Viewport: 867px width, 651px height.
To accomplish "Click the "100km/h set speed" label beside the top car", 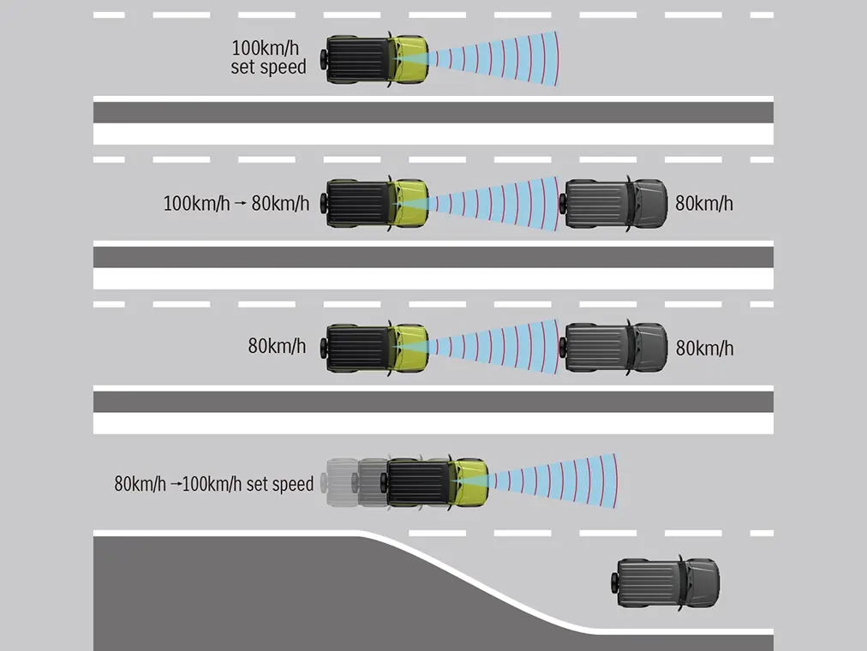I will (x=268, y=57).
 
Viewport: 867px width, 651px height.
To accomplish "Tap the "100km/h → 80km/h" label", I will (x=236, y=204).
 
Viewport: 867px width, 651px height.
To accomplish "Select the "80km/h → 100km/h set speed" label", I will (x=214, y=484).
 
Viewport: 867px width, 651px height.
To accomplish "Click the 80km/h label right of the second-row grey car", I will (x=704, y=204).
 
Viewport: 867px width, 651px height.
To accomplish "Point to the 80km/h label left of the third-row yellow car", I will (x=277, y=347).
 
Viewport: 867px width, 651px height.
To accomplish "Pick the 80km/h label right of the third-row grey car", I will (x=704, y=349).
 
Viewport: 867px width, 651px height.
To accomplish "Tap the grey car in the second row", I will (x=614, y=204).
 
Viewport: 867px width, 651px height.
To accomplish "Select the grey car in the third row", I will (x=614, y=348).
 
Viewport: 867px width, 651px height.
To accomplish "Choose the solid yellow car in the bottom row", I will (x=437, y=483).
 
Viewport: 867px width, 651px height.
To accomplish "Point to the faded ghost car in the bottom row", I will (x=347, y=484).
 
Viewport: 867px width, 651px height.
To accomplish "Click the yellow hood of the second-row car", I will (x=410, y=204).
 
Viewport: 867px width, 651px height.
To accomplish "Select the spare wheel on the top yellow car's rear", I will (x=324, y=59).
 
